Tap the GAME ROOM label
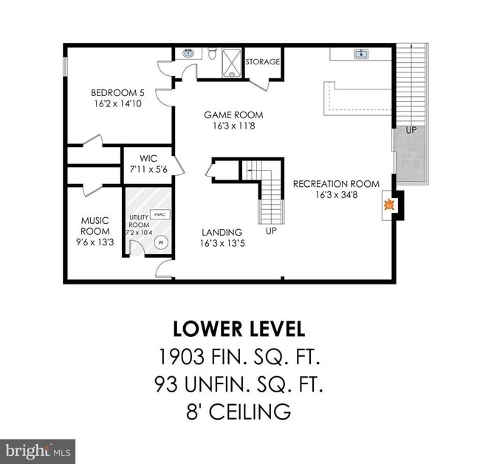point(233,115)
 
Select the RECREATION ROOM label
point(336,184)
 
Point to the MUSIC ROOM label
point(95,226)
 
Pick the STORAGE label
point(263,62)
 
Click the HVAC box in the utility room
point(159,214)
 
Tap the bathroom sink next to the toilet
point(188,53)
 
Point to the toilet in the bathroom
point(211,53)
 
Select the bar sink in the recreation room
point(361,53)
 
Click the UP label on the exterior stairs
point(411,130)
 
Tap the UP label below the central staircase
point(271,231)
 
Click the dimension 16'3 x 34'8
point(336,195)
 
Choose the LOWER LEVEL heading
point(239,328)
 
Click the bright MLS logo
point(38,450)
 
